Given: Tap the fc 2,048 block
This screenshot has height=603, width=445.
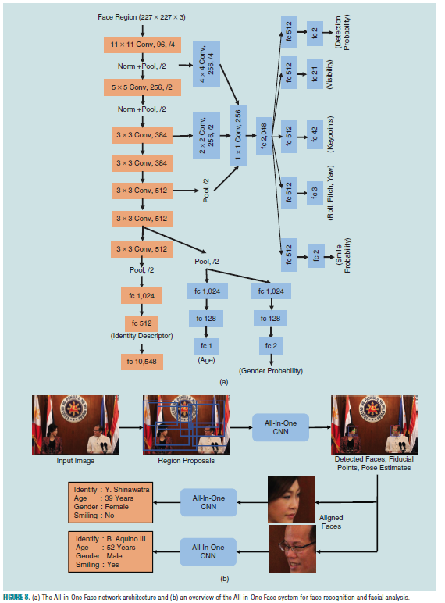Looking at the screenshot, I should coord(263,134).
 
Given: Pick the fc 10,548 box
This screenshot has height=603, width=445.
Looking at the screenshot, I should coord(142,361).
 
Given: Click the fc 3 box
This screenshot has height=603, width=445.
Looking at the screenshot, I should coord(314,192).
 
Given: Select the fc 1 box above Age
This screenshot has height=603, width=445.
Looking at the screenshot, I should coord(206,344).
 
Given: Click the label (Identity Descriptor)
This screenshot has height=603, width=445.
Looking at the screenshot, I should coord(142,336).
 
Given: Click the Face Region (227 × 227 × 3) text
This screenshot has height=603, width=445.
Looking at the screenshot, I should coord(142,17).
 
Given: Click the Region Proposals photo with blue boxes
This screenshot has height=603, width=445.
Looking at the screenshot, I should coord(184,425).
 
